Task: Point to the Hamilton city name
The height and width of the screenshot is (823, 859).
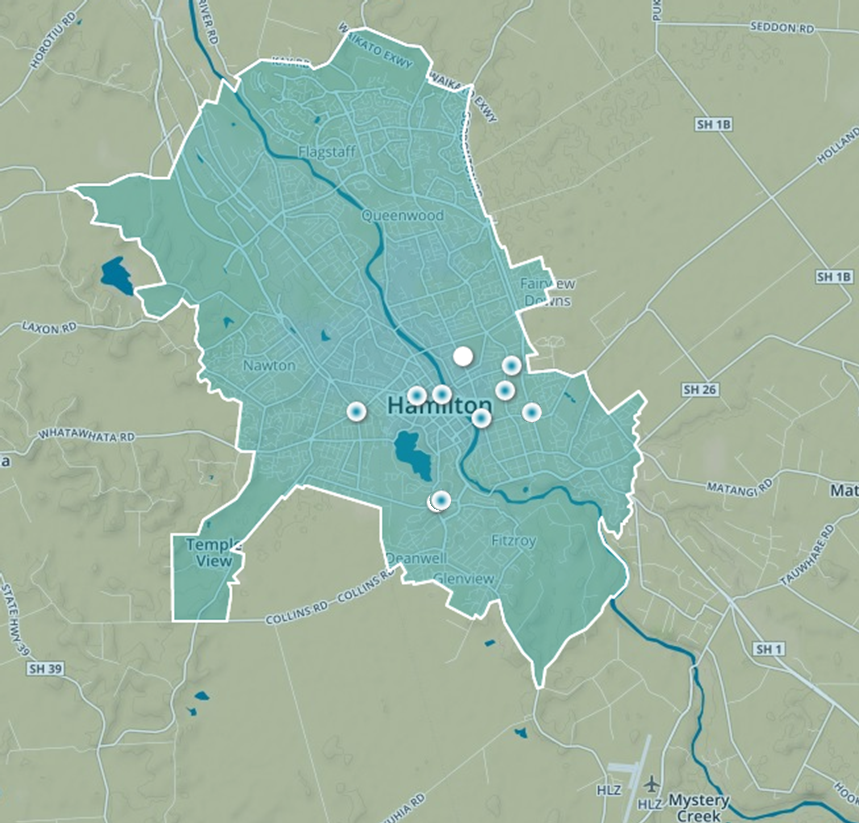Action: pos(440,406)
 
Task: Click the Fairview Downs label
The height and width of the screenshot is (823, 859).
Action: pos(547,292)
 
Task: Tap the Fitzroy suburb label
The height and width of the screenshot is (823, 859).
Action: pos(514,541)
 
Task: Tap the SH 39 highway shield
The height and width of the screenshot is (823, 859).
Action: pos(46,669)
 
